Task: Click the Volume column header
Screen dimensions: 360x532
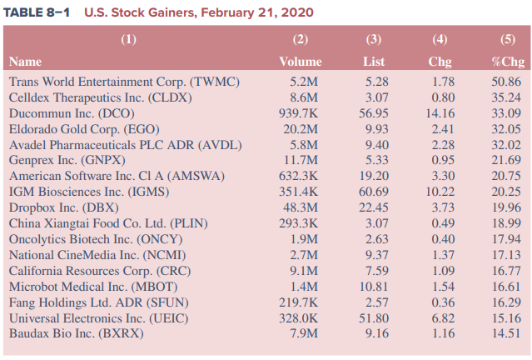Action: [x=300, y=62]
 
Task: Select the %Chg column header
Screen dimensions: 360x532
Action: [x=507, y=62]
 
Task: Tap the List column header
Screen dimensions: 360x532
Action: [x=374, y=62]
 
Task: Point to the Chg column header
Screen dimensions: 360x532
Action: [x=440, y=62]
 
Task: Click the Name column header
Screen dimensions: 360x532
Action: [x=26, y=62]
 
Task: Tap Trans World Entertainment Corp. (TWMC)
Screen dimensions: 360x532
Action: [x=124, y=82]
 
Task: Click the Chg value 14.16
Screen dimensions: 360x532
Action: [x=440, y=112]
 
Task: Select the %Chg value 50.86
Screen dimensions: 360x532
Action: [x=507, y=82]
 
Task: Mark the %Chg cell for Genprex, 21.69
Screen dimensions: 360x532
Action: [x=507, y=160]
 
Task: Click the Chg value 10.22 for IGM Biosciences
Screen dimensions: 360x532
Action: [x=440, y=192]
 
